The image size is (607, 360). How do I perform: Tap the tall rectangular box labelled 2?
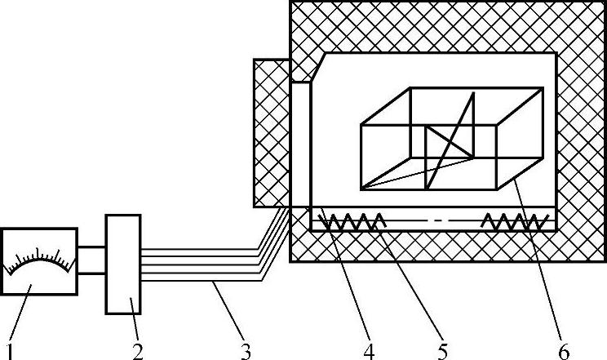[x=124, y=264]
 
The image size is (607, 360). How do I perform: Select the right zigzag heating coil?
[x=514, y=220]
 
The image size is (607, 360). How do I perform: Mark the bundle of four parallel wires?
[x=204, y=261]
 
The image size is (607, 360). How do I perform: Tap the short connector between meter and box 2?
[x=91, y=260]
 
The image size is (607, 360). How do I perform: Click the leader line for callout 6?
[x=538, y=261]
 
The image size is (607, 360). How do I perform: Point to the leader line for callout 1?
[x=21, y=314]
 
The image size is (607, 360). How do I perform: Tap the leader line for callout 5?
[x=412, y=286]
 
